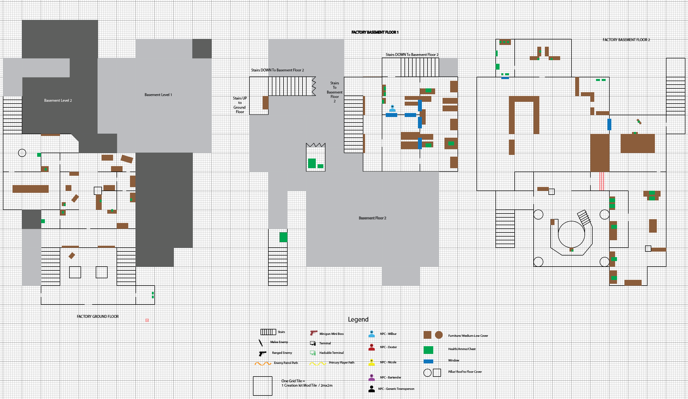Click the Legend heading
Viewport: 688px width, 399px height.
coord(358,319)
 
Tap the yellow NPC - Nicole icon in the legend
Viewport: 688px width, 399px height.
coord(372,362)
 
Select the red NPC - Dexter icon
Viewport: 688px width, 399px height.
coord(372,347)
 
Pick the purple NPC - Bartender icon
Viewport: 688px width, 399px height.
coord(372,377)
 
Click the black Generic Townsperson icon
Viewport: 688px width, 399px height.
coord(372,389)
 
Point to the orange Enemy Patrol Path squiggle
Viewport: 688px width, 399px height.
coord(263,363)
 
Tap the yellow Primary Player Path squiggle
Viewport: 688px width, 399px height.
coord(318,363)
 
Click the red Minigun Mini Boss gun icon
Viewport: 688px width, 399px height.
coord(314,333)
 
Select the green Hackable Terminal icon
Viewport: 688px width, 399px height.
coord(313,353)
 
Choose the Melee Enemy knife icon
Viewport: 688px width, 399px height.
coord(261,343)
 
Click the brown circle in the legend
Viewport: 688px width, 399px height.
coord(439,335)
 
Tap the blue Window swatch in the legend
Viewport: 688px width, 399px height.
coord(428,361)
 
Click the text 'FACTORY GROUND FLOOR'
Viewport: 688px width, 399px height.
coord(98,317)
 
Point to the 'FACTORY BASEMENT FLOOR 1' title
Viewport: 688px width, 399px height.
coord(375,32)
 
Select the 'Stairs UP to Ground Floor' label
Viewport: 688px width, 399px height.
coord(240,105)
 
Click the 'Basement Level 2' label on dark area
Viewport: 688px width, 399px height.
coord(58,100)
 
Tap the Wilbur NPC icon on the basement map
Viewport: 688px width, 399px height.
coord(392,108)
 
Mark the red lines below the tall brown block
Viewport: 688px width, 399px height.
coord(601,181)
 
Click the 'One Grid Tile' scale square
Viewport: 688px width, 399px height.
coord(262,386)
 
